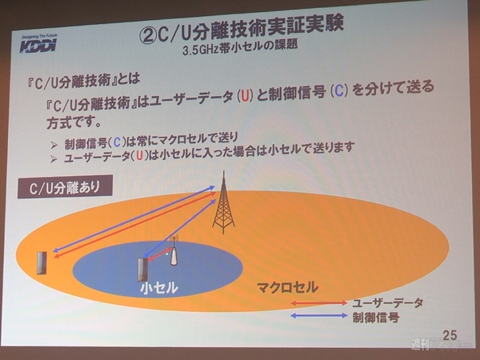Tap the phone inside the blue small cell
(143, 268)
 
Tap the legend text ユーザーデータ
(386, 303)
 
